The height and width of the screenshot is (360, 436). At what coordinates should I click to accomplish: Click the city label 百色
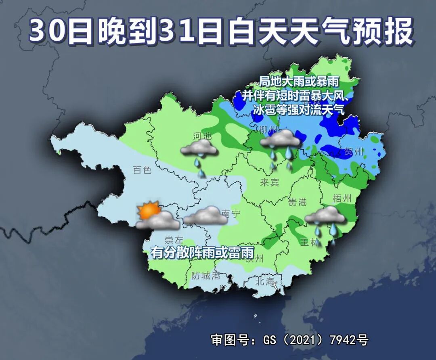pos(142,170)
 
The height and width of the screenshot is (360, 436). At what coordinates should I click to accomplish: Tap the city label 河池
pos(202,136)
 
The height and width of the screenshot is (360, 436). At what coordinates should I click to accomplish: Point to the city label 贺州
pos(354,152)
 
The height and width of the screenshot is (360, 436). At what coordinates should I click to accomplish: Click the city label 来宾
pos(269,182)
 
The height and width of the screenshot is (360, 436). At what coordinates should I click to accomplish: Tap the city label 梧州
pos(342,198)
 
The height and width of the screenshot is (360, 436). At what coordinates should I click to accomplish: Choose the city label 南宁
pos(231,214)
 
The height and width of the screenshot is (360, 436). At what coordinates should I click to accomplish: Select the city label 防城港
pos(205,276)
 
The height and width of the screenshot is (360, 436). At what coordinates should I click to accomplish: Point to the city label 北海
pos(264,281)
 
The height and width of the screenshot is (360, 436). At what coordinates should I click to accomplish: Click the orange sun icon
pos(146,210)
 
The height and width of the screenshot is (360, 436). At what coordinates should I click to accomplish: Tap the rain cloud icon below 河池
pos(199,155)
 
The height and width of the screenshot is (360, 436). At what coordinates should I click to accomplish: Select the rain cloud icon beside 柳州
pos(281,145)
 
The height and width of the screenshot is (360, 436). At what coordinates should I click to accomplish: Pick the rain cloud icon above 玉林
pos(325,220)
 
